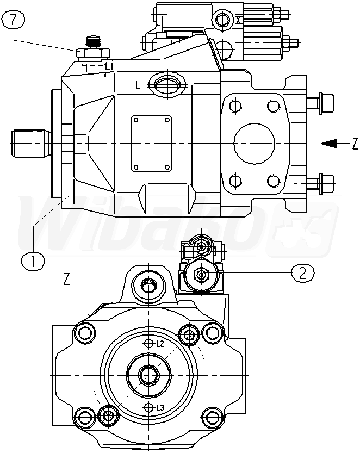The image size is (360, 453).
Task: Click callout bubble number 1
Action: pyautogui.click(x=33, y=260)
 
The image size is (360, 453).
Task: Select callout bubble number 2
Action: pyautogui.click(x=302, y=272)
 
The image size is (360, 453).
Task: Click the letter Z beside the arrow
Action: pyautogui.click(x=355, y=144)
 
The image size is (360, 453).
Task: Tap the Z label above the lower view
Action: pyautogui.click(x=66, y=280)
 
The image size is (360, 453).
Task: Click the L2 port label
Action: pyautogui.click(x=160, y=344)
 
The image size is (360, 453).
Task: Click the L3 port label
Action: pyautogui.click(x=160, y=408)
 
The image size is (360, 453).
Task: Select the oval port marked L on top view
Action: pyautogui.click(x=167, y=84)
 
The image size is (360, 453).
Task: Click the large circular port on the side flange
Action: pyautogui.click(x=255, y=142)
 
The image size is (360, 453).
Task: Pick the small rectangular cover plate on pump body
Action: pyautogui.click(x=151, y=142)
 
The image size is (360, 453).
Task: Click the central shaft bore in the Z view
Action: pyautogui.click(x=148, y=374)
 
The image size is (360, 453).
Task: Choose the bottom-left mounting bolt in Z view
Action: pyautogui.click(x=84, y=417)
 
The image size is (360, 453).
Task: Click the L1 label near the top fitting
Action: pyautogui.click(x=109, y=66)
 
